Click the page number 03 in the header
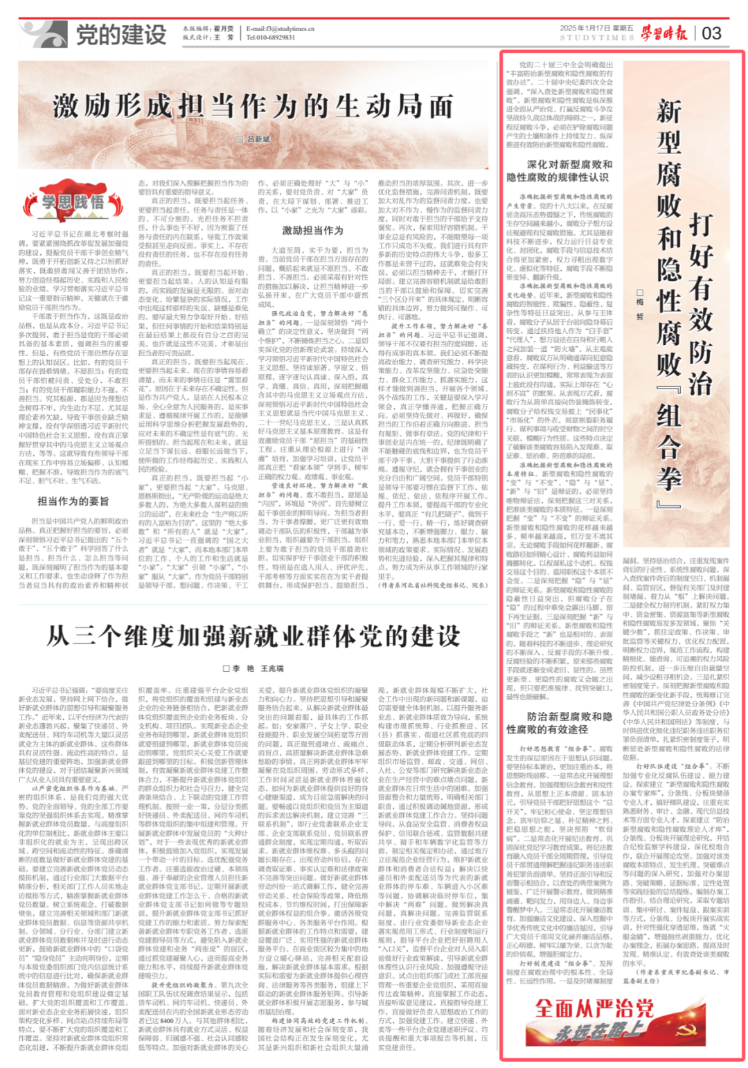coord(711,33)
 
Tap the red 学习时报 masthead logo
coord(664,33)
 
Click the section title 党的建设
coord(121,34)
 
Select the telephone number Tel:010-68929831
coord(271,37)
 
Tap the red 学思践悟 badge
coord(72,202)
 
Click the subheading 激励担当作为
coord(312,230)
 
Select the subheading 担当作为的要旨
coord(73,501)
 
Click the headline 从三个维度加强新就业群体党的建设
coord(253,636)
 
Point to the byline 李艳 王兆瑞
coord(253,668)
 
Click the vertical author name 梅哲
coord(639,304)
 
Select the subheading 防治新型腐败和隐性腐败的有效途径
coord(560,722)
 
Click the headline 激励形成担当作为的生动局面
coord(253,106)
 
